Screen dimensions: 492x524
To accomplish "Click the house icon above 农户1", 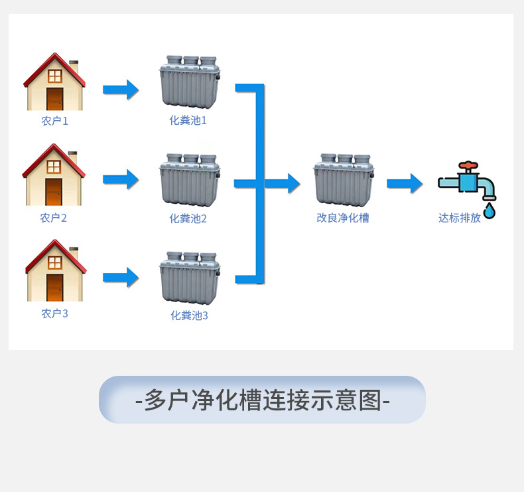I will pos(54,82).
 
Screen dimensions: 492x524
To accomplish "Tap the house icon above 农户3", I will pos(54,271).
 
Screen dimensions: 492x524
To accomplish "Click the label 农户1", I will pos(54,122).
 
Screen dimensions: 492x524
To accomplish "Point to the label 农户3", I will pos(54,313).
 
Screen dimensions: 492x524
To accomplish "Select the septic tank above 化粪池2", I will pos(189,180).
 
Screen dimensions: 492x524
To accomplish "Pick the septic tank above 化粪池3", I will pos(189,278).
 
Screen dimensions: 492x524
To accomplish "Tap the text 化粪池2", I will pos(188,218).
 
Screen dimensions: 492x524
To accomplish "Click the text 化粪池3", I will pos(189,315).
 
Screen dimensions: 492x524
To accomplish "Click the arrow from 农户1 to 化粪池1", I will pos(121,90).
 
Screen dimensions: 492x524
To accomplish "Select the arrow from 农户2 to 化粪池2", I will pos(121,179).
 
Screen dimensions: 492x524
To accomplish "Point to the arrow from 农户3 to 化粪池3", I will pos(121,277).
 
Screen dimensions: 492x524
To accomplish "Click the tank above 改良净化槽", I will pos(343,180).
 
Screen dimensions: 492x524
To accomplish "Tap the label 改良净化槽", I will pos(343,217).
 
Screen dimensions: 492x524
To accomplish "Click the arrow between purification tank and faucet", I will pos(405,183).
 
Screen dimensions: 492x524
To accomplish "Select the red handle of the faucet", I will pos(468,165).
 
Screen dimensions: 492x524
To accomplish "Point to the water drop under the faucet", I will pos(489,211).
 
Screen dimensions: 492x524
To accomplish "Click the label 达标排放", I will pos(460,218).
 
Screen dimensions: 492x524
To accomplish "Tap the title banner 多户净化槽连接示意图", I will pos(262,400).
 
